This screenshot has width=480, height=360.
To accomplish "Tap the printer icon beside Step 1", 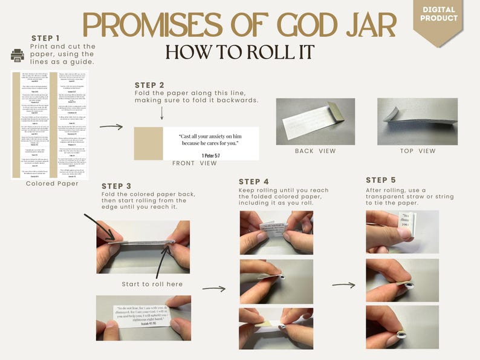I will tap(18, 56).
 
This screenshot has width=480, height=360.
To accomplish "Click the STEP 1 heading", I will tap(46, 38).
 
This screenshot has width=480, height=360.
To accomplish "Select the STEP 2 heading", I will tap(149, 85).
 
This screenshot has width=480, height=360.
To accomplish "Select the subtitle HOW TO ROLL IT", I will tap(239, 52).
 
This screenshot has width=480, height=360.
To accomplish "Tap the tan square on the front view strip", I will tap(148, 143).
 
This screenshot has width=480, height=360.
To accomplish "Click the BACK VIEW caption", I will tap(316, 151).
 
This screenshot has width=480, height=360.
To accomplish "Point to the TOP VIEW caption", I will tap(418, 151).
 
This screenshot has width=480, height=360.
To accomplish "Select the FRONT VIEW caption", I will tap(195, 163).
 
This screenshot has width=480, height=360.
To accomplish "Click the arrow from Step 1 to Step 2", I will tap(111, 126).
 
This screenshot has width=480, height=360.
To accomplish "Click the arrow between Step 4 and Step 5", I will tap(343, 284).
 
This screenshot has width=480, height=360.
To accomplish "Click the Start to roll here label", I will tap(152, 284).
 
